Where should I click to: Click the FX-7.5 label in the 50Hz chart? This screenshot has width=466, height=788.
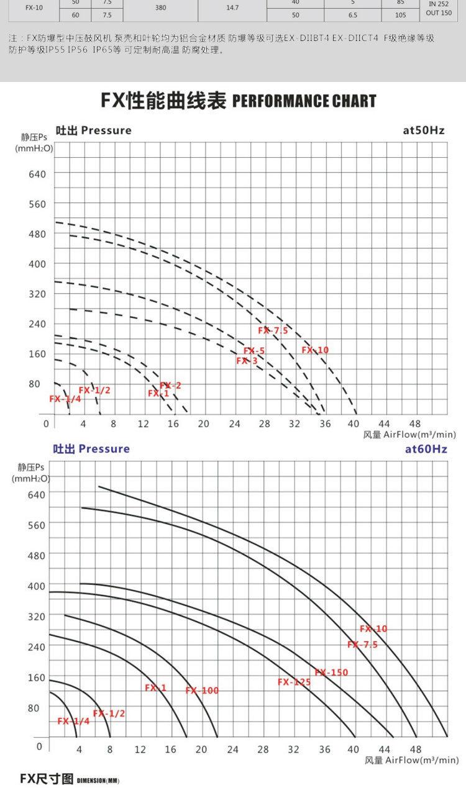coord(273,330)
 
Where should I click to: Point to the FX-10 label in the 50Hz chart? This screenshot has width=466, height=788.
coord(316,350)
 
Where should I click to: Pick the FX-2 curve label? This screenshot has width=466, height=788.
coord(170,386)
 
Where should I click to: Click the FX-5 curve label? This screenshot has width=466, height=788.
coord(254,351)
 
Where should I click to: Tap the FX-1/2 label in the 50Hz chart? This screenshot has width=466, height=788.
coord(94,390)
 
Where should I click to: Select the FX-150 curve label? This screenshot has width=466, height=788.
coord(332,673)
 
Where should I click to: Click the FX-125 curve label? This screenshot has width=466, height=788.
coord(294,682)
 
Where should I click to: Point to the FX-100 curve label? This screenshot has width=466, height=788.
coord(202,691)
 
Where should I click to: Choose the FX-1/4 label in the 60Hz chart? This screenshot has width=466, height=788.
coord(73,721)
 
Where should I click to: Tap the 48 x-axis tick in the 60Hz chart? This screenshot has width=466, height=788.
coord(415,750)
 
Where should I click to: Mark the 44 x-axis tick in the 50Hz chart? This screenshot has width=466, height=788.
coord(384,423)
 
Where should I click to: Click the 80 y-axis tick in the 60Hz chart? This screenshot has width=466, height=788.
coord(37,707)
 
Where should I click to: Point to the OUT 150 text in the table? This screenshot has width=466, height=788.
coord(439,13)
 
